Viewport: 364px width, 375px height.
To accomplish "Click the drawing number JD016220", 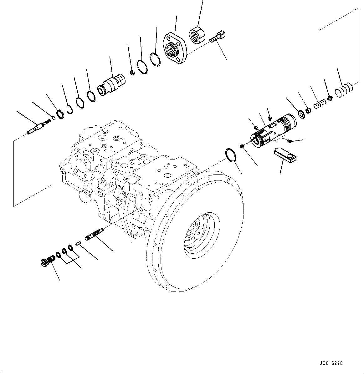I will (331, 363).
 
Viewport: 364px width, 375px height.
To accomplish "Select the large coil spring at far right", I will (343, 90).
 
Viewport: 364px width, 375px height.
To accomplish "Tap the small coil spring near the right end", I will (318, 104).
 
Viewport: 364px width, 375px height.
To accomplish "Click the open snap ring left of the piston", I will (69, 109).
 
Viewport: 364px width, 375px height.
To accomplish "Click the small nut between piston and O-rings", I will (132, 73).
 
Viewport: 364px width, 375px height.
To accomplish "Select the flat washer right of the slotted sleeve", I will (302, 114).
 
